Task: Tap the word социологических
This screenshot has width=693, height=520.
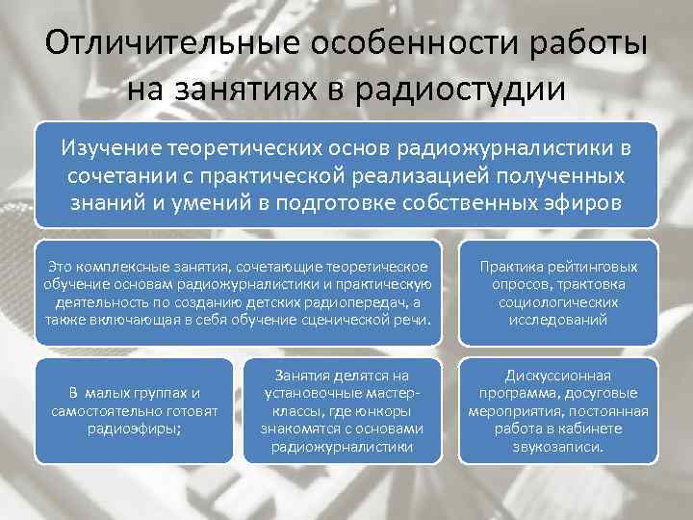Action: [558, 301]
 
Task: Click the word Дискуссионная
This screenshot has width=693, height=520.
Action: [557, 375]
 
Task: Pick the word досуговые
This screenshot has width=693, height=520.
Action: [602, 393]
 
